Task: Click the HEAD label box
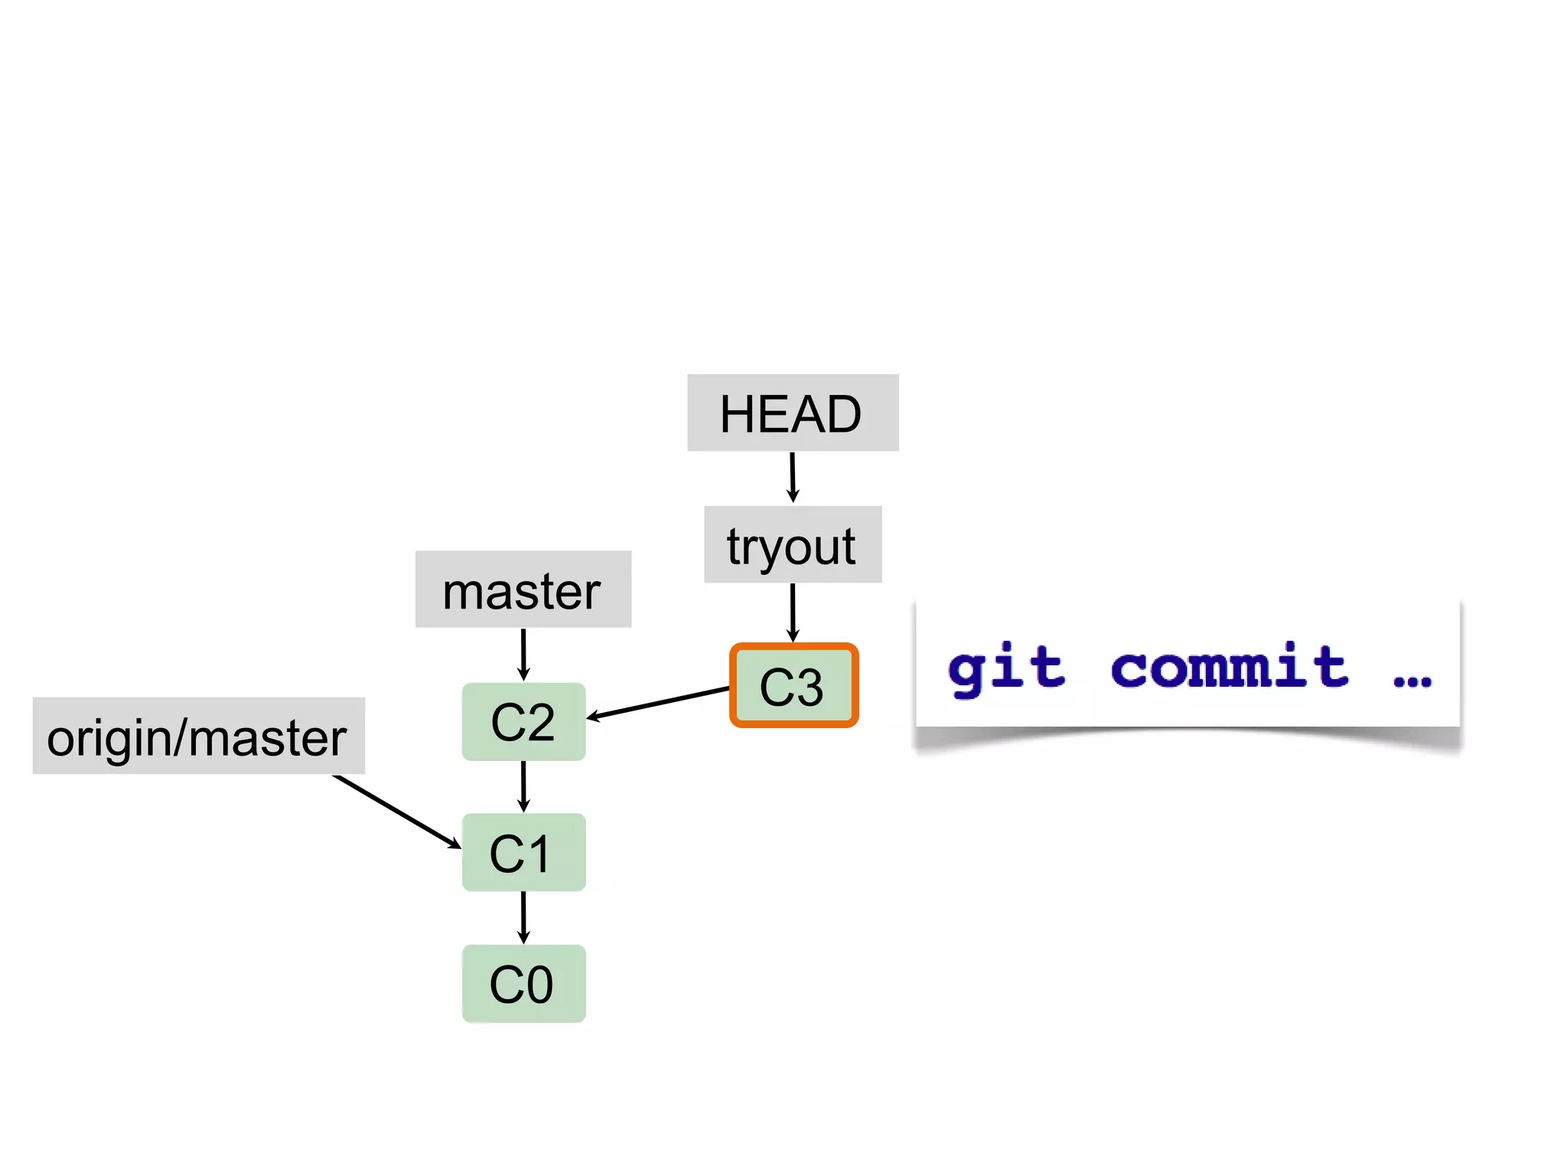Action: (793, 413)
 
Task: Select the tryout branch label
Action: (793, 544)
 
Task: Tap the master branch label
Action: (523, 590)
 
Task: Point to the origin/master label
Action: (198, 736)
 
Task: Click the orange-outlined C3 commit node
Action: (793, 685)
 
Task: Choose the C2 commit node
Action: (523, 721)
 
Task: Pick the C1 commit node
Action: (523, 852)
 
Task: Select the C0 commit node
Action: (523, 984)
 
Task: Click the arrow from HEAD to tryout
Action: (793, 477)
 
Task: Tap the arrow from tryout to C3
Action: (793, 612)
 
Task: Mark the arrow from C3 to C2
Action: (658, 703)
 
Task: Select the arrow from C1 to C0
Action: (523, 917)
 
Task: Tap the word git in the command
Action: (1006, 668)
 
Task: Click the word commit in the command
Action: (1229, 666)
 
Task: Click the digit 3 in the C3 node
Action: (808, 687)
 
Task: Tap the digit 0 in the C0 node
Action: (538, 985)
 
